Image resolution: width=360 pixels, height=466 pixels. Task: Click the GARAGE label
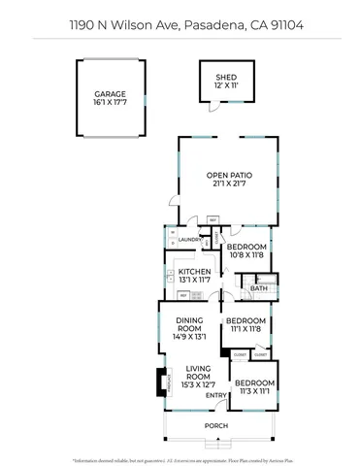point(111,93)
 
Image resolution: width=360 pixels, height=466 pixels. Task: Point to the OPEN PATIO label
point(228,176)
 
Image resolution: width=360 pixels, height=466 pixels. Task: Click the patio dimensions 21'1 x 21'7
point(228,184)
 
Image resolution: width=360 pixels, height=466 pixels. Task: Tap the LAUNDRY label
point(189,239)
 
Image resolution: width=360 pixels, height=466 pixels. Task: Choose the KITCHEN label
point(194,271)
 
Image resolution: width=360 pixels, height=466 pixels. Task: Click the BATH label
point(259,288)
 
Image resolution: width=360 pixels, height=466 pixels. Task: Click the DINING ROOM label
point(189,324)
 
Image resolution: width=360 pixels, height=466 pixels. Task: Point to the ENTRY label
point(216,395)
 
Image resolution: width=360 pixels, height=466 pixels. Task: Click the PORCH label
point(216,424)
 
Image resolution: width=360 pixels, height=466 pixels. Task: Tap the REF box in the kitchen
point(183,294)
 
